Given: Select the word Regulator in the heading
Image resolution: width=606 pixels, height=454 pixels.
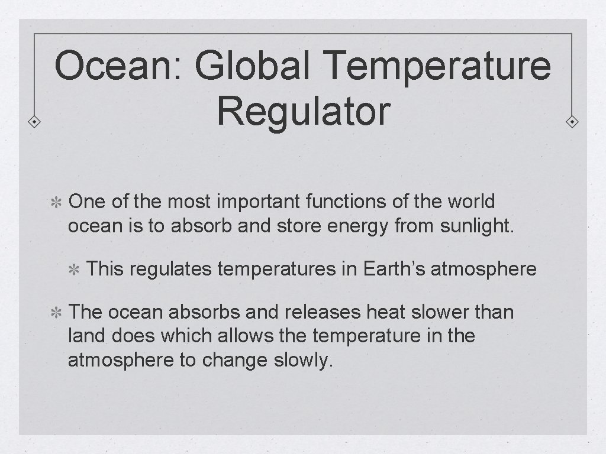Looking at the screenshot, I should [x=303, y=111].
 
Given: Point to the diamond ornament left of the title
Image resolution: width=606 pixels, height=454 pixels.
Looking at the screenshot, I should [x=35, y=122].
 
